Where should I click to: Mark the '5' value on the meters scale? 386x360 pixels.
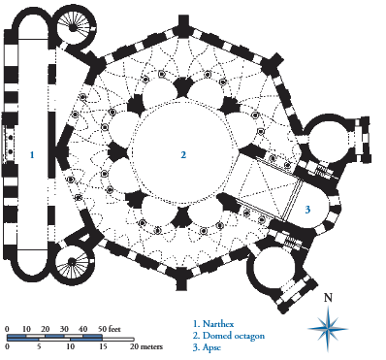(x=39, y=346)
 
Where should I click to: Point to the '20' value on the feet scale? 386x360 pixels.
(x=46, y=330)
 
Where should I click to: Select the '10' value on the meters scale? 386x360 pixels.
(x=70, y=346)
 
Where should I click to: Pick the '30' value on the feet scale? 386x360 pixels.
(x=64, y=330)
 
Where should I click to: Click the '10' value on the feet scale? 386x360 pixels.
(x=26, y=330)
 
